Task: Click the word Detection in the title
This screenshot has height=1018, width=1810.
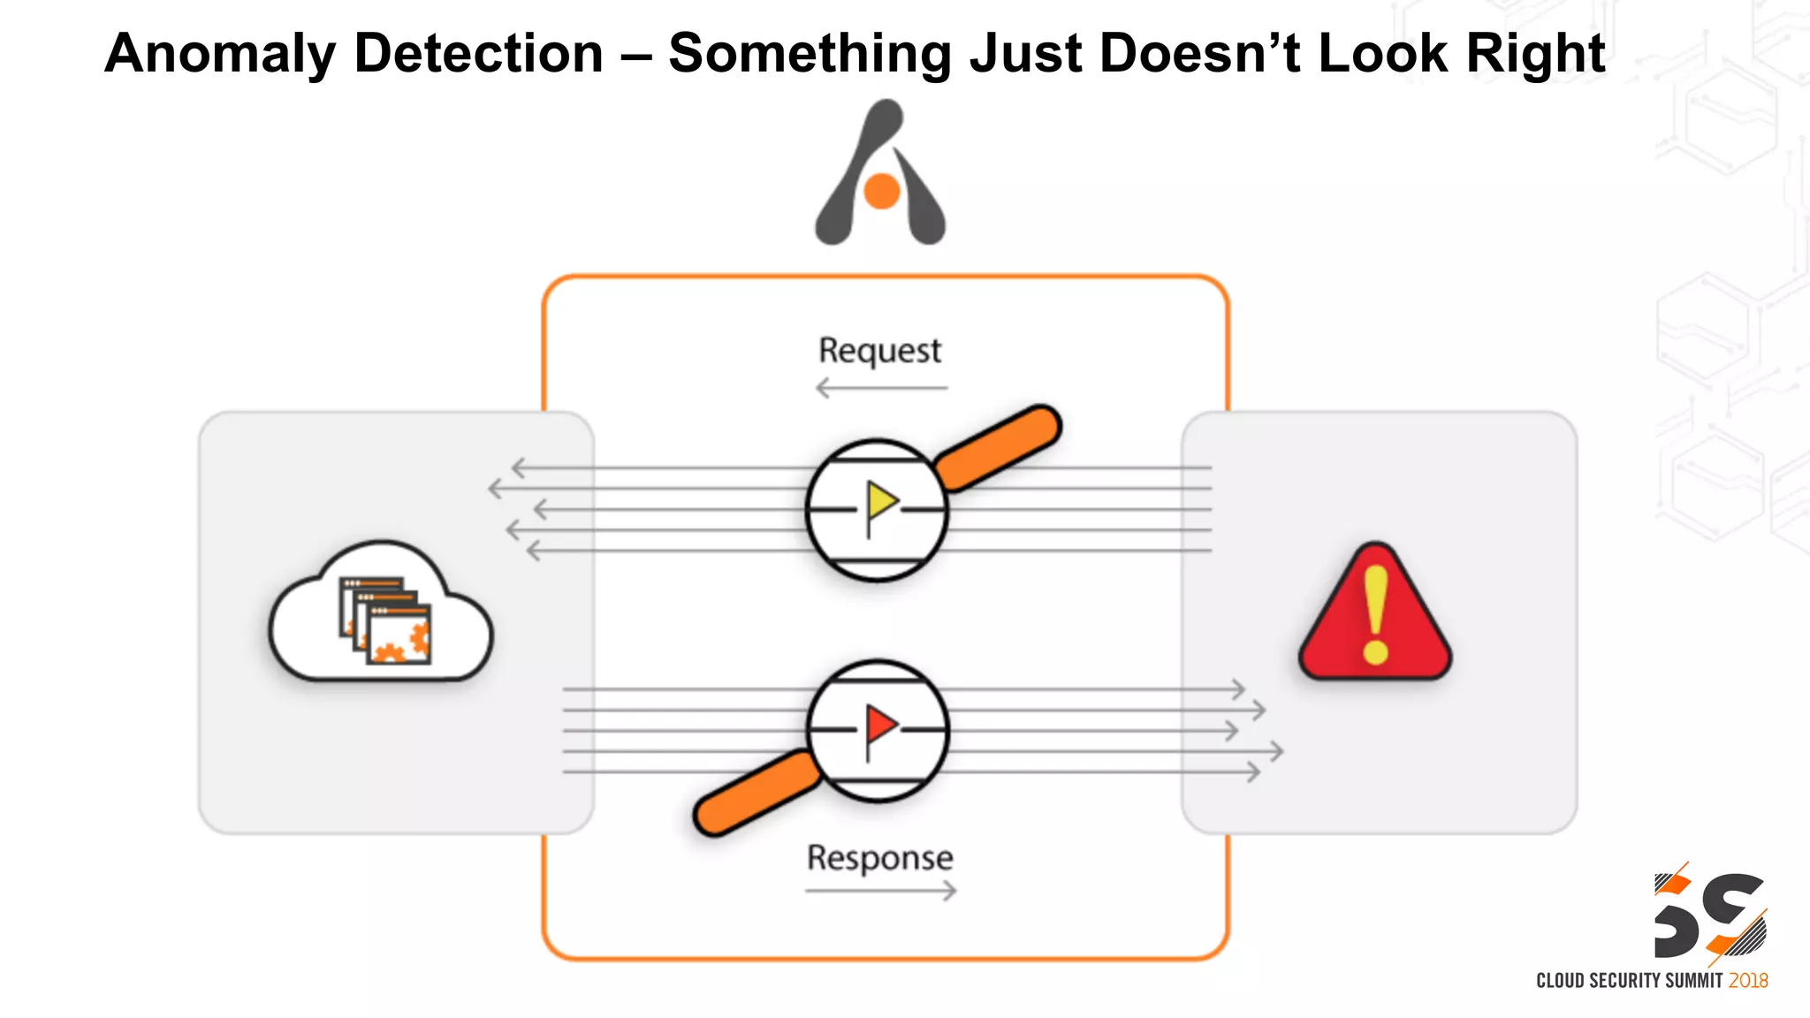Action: click(x=478, y=53)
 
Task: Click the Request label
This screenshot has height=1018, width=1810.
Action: click(x=879, y=351)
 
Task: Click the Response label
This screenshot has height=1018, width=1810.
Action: click(x=879, y=858)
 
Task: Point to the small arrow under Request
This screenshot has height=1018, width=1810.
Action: click(x=880, y=388)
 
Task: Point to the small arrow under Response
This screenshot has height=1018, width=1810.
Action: click(x=880, y=891)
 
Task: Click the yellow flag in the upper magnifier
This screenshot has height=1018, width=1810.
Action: click(x=881, y=503)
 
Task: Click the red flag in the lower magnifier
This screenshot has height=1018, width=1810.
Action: click(x=880, y=726)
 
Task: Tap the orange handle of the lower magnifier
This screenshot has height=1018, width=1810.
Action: click(x=757, y=793)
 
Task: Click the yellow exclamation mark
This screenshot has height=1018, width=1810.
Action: click(x=1375, y=615)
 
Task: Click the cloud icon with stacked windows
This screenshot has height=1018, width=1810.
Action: click(x=380, y=614)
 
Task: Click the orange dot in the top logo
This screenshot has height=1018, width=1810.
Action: click(x=881, y=191)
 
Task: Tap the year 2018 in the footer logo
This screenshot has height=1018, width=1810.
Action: click(x=1747, y=981)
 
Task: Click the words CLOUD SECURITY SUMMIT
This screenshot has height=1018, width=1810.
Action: click(x=1629, y=981)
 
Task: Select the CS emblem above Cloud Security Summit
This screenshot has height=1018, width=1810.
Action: click(x=1709, y=915)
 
